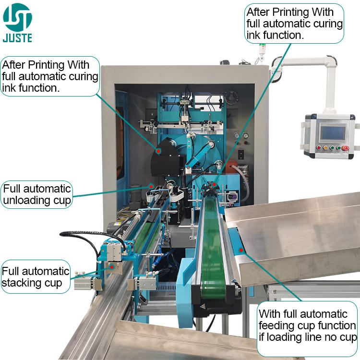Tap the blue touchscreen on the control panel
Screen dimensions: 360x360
(x=329, y=132)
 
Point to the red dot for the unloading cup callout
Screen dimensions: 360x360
(x=151, y=185)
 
